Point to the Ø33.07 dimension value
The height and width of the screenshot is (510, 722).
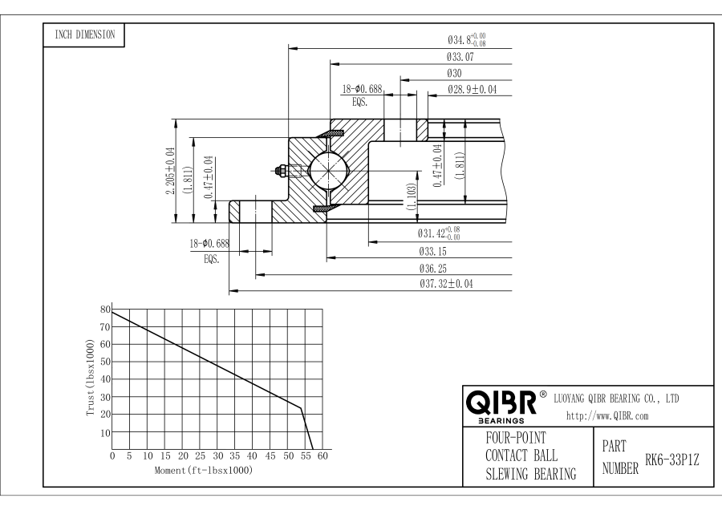coord(464,58)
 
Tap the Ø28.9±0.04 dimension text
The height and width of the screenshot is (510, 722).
coord(473,90)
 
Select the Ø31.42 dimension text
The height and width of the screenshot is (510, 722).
coord(439,233)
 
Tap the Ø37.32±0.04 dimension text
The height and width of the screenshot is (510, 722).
coord(445,285)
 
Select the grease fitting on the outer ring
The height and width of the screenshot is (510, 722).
coord(282,170)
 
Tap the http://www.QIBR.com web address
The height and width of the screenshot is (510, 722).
coord(607,415)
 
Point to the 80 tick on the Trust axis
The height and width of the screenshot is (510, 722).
coord(104,310)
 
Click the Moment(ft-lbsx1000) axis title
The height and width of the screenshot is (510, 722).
coord(204,469)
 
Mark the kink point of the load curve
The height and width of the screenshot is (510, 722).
coord(301,408)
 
